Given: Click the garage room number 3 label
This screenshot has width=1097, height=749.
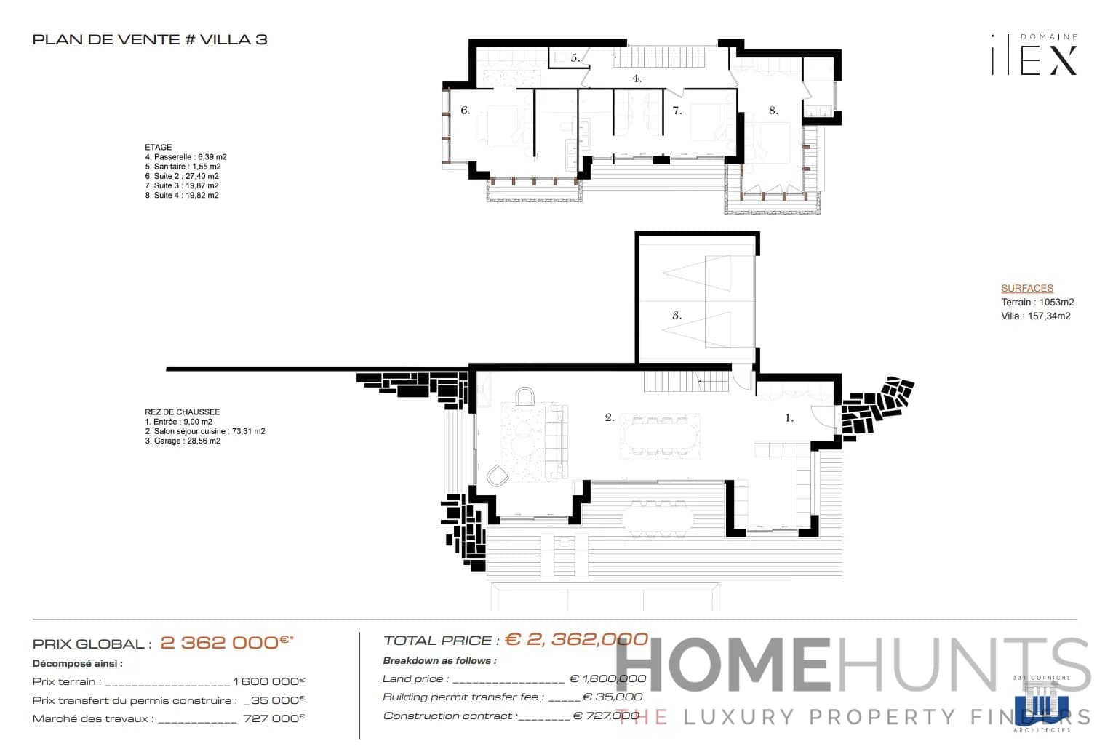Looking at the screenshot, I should (x=677, y=316).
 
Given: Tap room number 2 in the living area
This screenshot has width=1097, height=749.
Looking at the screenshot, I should (x=610, y=417).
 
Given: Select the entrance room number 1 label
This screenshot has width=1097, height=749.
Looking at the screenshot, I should (x=789, y=418).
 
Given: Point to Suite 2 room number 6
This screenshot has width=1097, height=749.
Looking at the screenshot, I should (x=466, y=111).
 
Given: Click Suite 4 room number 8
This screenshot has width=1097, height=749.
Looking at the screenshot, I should (x=773, y=111).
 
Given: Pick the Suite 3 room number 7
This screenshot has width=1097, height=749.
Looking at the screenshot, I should (x=677, y=111).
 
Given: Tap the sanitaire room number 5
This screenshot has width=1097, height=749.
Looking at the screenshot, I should (x=575, y=58).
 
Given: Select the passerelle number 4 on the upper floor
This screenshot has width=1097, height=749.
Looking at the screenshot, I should (x=637, y=79).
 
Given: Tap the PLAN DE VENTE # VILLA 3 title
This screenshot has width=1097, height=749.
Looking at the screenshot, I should (x=150, y=39).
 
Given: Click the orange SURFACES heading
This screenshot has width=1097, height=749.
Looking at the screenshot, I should (x=1026, y=288).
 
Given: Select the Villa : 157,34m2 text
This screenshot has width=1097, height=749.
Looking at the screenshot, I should (x=1035, y=316).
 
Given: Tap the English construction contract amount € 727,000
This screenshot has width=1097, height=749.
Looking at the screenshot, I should (x=607, y=716).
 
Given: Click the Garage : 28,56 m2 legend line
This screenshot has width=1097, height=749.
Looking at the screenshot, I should (x=183, y=441).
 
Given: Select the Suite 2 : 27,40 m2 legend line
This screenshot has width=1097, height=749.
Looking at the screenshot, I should (x=182, y=176).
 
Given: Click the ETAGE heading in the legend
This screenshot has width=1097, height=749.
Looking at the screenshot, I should (x=158, y=147).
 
